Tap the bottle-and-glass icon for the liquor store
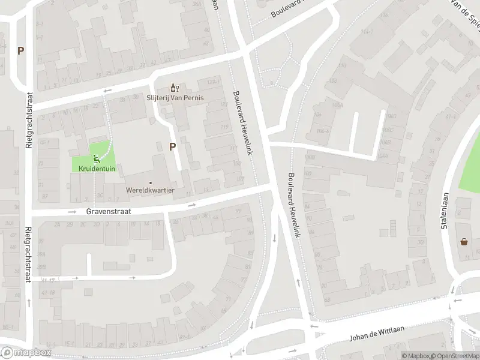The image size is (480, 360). (x=175, y=88)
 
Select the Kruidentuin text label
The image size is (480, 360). (x=93, y=169)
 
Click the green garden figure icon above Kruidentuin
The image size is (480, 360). (x=96, y=159)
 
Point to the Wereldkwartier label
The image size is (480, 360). (x=150, y=190)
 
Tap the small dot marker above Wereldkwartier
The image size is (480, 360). (x=150, y=182)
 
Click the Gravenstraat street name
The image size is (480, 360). (x=108, y=212)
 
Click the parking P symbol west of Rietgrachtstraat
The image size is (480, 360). (x=20, y=51)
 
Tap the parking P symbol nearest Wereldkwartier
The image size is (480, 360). (x=173, y=146)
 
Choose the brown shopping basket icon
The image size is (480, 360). (x=464, y=242)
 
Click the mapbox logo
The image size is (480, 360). (x=26, y=353)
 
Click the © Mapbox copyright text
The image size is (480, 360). (x=416, y=356)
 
